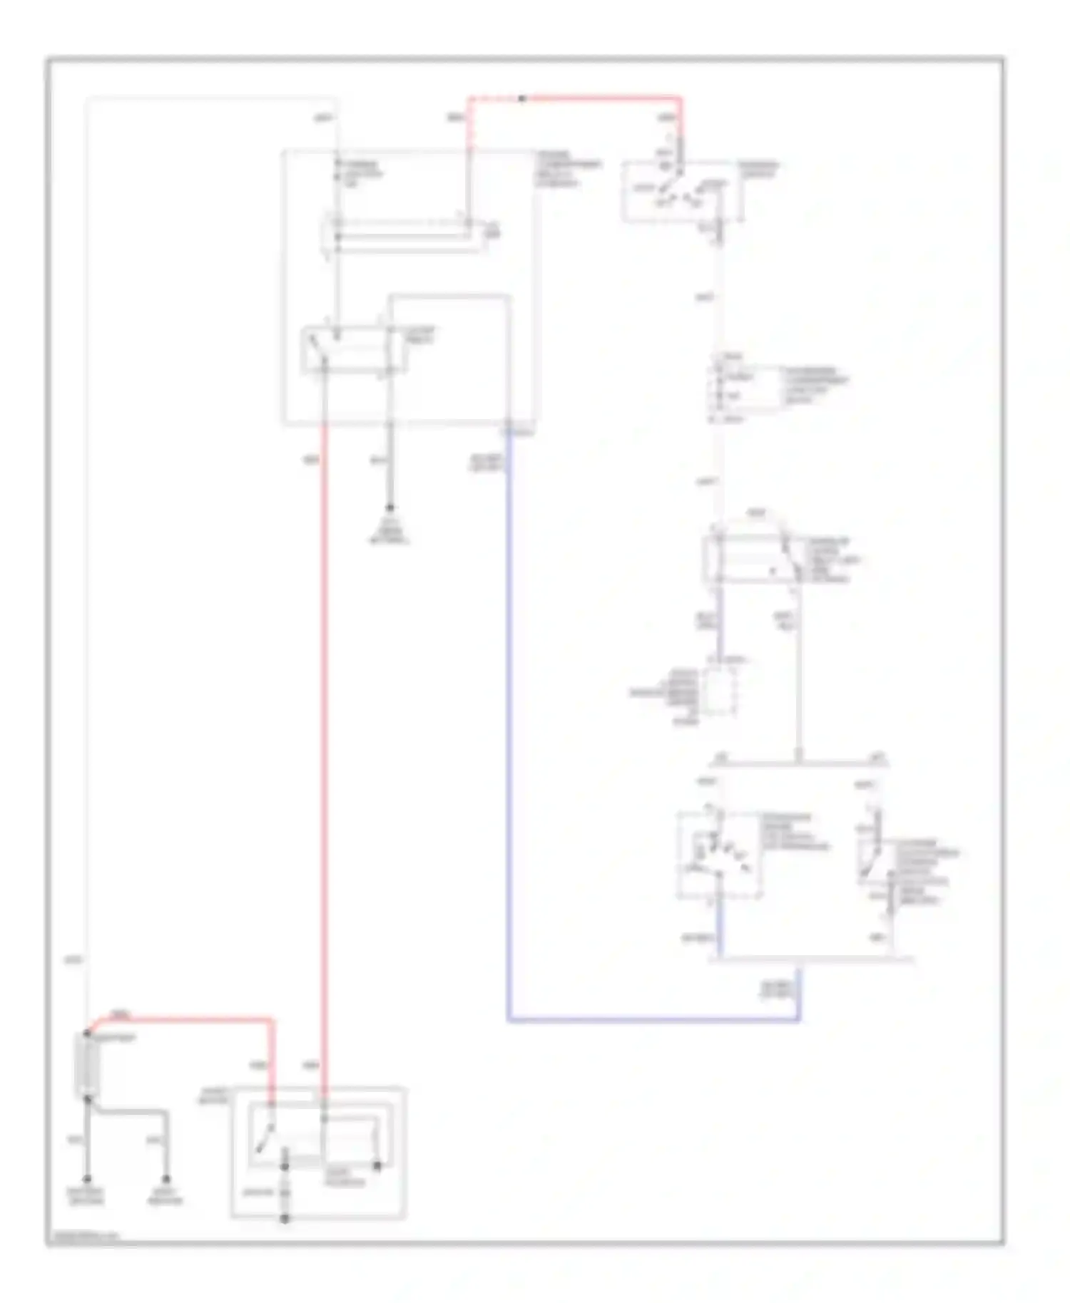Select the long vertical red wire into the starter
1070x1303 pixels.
(325, 748)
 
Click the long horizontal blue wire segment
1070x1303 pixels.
(653, 1021)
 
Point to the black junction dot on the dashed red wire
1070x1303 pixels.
(522, 98)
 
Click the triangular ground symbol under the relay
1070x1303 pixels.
(389, 531)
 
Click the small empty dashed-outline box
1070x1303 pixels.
(720, 690)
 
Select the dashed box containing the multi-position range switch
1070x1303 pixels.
(719, 855)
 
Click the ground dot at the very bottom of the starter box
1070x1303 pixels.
(284, 1219)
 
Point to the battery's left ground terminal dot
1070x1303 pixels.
(88, 1180)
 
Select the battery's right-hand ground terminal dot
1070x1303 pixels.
(165, 1180)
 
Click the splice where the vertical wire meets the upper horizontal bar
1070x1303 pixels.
(799, 763)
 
